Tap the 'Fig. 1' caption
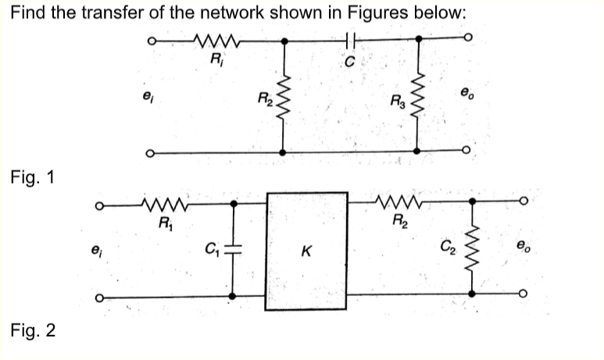coord(33,177)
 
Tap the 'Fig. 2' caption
coord(33,331)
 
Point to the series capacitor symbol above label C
coord(349,40)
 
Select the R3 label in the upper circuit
coord(397,100)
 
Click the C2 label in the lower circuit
coord(446,251)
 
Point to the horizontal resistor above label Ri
coord(213,40)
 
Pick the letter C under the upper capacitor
coord(348,59)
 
